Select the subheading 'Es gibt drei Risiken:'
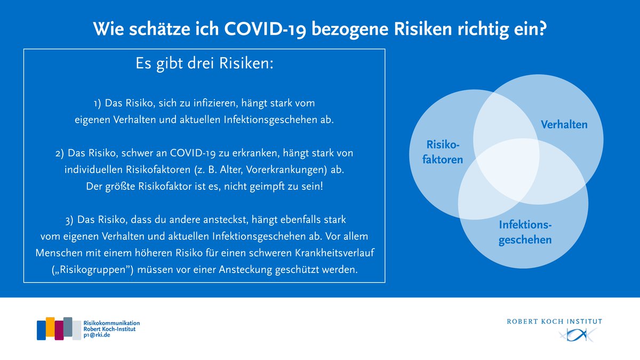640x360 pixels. point(205,64)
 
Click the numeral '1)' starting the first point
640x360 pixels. point(98,101)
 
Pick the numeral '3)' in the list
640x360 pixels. point(68,219)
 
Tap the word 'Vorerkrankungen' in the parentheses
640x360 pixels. point(277,170)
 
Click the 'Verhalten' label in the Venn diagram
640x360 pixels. point(564,125)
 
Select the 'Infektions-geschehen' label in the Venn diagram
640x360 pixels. point(525,233)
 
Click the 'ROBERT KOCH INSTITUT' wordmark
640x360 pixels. point(554,321)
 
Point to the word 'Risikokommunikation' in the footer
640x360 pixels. point(111,323)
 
